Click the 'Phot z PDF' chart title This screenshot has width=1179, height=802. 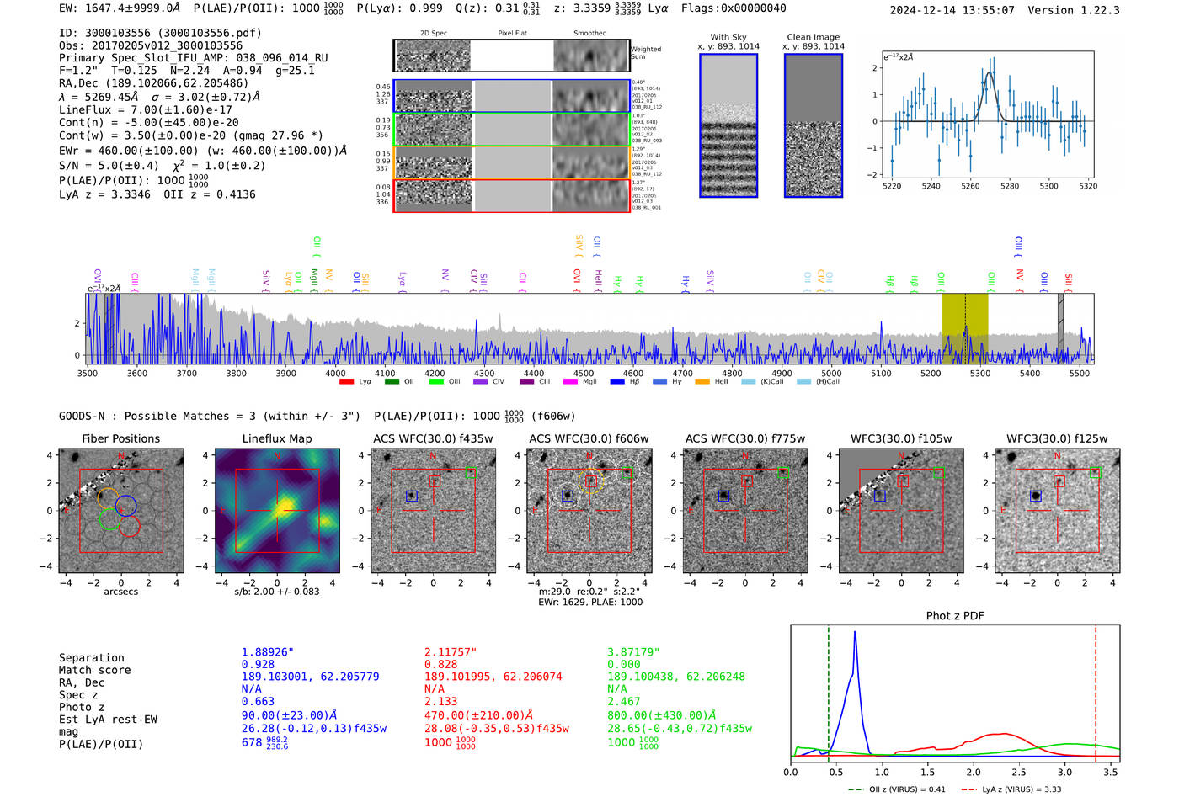[x=955, y=616]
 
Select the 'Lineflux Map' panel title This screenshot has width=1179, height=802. [x=277, y=438]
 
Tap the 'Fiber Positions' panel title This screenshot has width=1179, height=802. [x=121, y=438]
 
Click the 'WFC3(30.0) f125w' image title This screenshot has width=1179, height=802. [x=1057, y=438]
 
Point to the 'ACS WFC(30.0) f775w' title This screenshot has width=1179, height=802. [x=745, y=438]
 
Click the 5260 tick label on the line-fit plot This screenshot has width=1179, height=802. [x=970, y=186]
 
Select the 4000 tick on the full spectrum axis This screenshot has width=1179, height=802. [x=335, y=373]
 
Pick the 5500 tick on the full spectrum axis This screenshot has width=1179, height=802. [x=1079, y=373]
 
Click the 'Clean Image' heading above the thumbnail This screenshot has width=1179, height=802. [x=813, y=37]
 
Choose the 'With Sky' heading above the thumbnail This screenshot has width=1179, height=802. [x=728, y=37]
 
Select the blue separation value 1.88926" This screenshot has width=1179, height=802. [x=268, y=652]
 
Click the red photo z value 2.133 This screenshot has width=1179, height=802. [x=440, y=701]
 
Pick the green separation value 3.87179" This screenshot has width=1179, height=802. [x=633, y=652]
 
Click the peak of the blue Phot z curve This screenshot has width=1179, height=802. [x=855, y=632]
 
